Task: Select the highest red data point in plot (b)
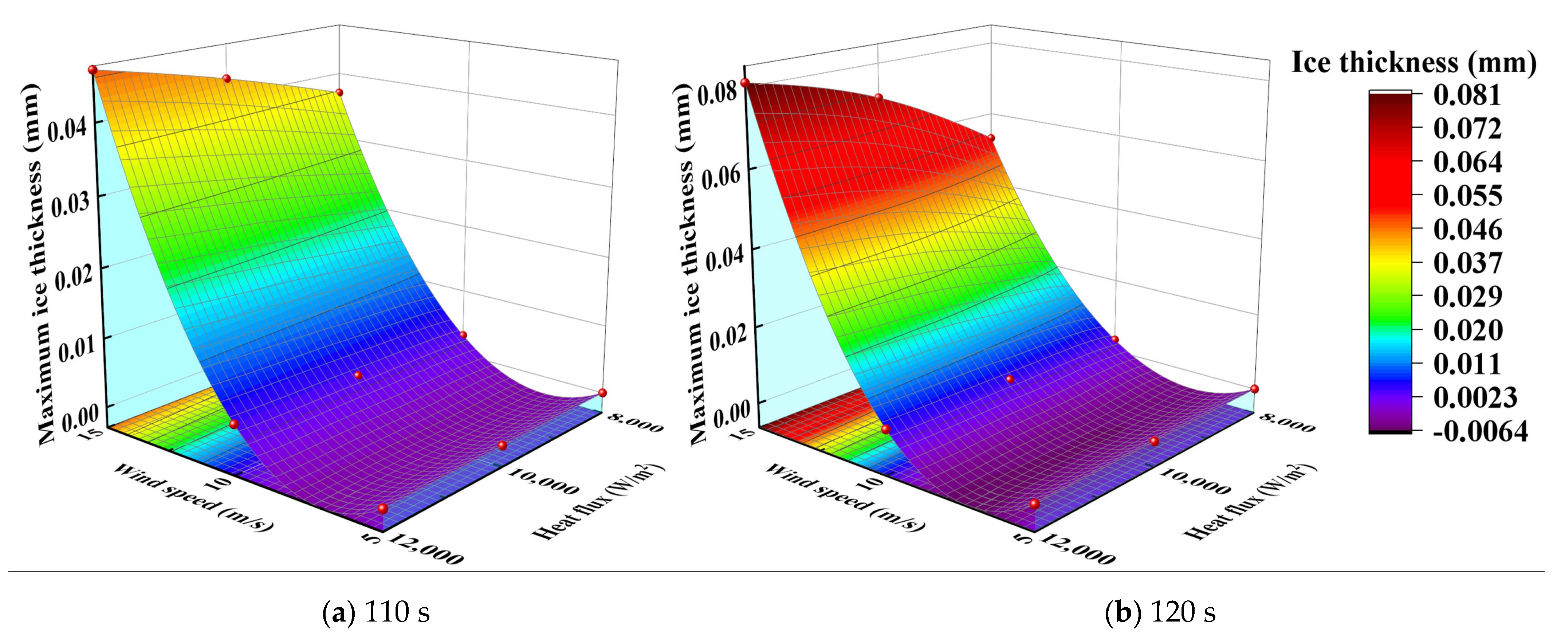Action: pos(745,83)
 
